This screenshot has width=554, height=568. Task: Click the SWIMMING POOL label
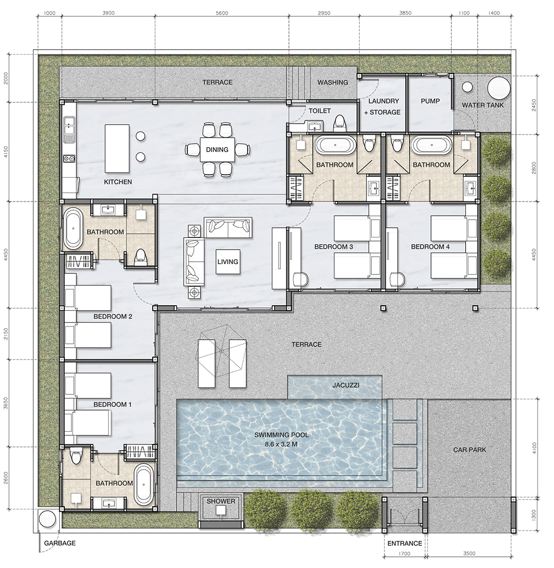pyautogui.click(x=281, y=435)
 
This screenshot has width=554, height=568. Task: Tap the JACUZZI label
pyautogui.click(x=346, y=385)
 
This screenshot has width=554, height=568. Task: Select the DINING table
pyautogui.click(x=217, y=149)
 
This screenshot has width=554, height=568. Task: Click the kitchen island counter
pyautogui.click(x=117, y=148)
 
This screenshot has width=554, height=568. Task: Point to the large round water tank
pyautogui.click(x=499, y=88)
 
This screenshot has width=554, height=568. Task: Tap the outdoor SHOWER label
pyautogui.click(x=221, y=501)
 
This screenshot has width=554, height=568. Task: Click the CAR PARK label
pyautogui.click(x=470, y=450)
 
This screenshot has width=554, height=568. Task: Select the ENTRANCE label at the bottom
pyautogui.click(x=404, y=543)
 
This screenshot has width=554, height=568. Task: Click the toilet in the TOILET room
pyautogui.click(x=339, y=123)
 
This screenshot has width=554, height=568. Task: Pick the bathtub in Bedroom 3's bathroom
pyautogui.click(x=335, y=145)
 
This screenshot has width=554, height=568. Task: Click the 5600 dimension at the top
pyautogui.click(x=222, y=13)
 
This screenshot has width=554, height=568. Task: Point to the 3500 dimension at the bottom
pyautogui.click(x=469, y=553)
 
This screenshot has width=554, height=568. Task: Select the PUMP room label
pyautogui.click(x=430, y=101)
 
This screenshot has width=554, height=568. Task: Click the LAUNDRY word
pyautogui.click(x=383, y=101)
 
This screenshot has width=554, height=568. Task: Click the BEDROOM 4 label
pyautogui.click(x=430, y=247)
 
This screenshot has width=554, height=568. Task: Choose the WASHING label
pyautogui.click(x=333, y=82)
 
